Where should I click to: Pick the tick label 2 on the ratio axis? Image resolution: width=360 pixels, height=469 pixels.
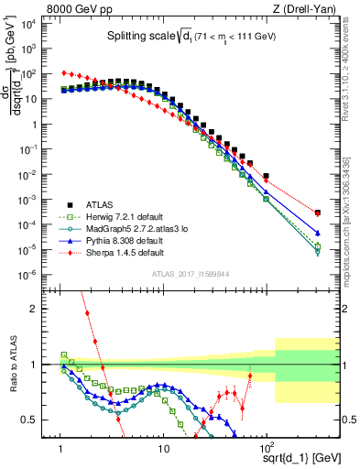tap(42, 309)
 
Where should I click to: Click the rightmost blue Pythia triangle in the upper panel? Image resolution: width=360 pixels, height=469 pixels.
tap(317, 233)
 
